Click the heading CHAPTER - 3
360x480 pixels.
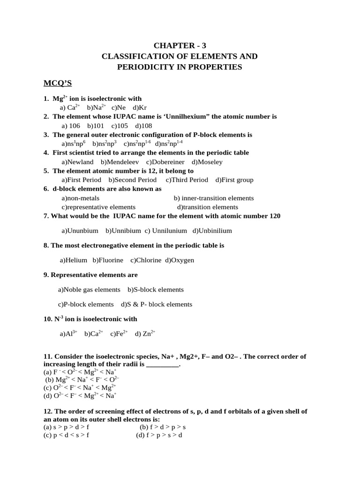point(180,45)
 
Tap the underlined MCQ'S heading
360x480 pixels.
point(58,83)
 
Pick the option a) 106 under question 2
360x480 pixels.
point(71,126)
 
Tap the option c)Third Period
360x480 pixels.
point(187,180)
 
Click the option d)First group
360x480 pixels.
point(234,180)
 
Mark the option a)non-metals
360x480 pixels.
point(81,198)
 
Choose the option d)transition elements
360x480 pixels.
point(208,207)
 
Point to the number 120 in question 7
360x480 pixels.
point(274,216)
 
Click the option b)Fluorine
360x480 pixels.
point(108,260)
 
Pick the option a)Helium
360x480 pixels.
point(74,260)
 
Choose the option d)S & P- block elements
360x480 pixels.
point(157,304)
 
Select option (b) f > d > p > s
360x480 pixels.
point(163,427)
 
